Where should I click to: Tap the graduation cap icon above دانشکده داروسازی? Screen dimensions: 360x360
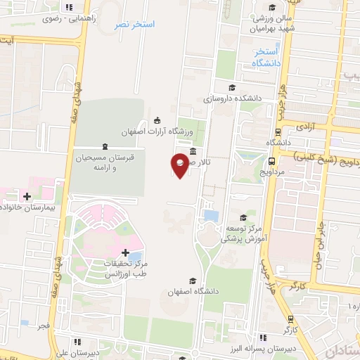(x=232, y=87)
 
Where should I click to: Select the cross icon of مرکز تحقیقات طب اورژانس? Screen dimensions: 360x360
(x=124, y=252)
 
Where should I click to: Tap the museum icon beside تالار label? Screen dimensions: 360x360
(x=193, y=151)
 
